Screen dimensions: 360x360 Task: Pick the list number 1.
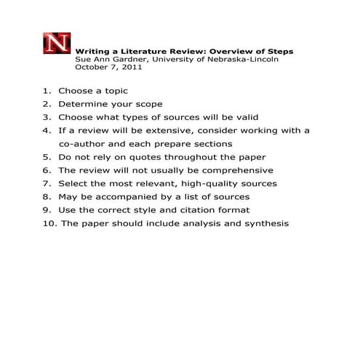[47, 92]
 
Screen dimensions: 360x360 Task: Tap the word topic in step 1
[115, 92]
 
